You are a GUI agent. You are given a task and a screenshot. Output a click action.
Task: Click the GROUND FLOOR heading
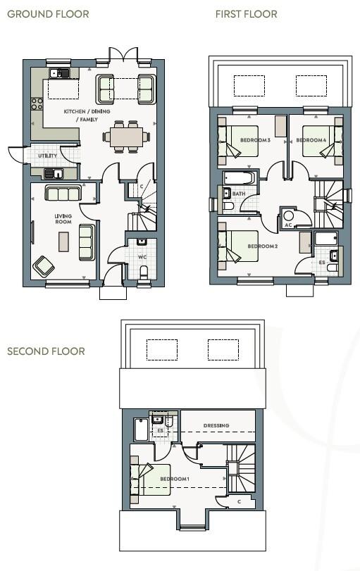pyautogui.click(x=48, y=14)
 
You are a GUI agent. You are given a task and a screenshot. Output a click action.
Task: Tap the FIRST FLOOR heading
pyautogui.click(x=247, y=14)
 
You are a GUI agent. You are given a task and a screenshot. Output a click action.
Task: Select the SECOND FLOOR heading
pyautogui.click(x=46, y=351)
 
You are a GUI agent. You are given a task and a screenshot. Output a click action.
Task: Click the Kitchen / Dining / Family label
pyautogui.click(x=87, y=115)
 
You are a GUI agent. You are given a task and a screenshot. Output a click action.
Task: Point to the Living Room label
pyautogui.click(x=63, y=219)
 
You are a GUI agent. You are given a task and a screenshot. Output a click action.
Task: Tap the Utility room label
pyautogui.click(x=48, y=156)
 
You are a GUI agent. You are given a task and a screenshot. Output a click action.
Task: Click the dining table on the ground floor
pyautogui.click(x=126, y=137)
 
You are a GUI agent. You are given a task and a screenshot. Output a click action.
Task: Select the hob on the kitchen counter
pyautogui.click(x=37, y=104)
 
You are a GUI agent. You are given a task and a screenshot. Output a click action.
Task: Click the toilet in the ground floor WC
pyautogui.click(x=144, y=272)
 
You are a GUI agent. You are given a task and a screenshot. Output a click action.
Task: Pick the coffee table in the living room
pyautogui.click(x=64, y=241)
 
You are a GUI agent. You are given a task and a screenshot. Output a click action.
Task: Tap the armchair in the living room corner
pyautogui.click(x=44, y=267)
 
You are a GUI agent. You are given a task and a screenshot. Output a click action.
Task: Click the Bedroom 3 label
pyautogui.click(x=255, y=140)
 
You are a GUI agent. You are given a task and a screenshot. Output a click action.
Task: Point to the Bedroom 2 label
pyautogui.click(x=263, y=246)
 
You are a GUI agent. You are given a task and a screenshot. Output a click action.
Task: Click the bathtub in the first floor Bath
pyautogui.click(x=239, y=178)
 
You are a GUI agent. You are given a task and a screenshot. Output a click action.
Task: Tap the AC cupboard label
pyautogui.click(x=288, y=225)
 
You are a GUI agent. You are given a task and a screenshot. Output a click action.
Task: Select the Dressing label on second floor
pyautogui.click(x=216, y=425)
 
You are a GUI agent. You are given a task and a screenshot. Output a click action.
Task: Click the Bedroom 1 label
pyautogui.click(x=175, y=479)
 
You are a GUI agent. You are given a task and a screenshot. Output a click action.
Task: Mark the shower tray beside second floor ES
pyautogui.click(x=142, y=429)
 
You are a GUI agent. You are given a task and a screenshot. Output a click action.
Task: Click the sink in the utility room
pyautogui.click(x=54, y=173)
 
